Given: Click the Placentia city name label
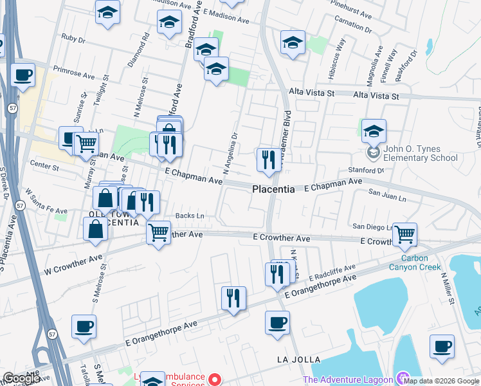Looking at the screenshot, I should [x=273, y=190].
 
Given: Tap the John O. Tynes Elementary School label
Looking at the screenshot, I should [x=421, y=154].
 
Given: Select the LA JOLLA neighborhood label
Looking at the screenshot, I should [x=298, y=358].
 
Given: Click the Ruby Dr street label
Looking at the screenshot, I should [x=73, y=39].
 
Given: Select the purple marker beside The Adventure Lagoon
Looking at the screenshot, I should [x=403, y=378].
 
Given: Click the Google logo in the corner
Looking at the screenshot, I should [x=21, y=378].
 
